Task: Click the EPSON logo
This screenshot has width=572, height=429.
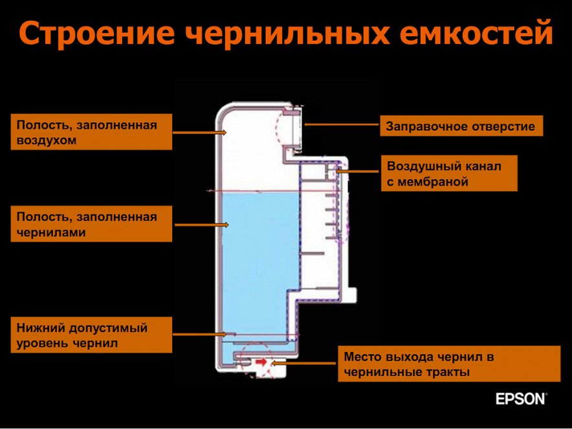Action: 522,399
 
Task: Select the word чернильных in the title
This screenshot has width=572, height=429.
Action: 287,32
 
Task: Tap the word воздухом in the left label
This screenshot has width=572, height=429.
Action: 47,140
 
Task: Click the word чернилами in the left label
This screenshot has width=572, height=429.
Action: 51,232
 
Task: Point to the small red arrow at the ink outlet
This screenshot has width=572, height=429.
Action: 261,362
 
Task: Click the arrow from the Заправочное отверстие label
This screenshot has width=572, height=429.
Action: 342,124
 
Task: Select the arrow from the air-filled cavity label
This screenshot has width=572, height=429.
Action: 200,132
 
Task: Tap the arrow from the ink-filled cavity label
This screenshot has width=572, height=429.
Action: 202,225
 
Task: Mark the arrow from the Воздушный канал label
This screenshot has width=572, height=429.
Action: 358,171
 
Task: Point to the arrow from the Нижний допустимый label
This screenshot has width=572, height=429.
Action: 200,334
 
